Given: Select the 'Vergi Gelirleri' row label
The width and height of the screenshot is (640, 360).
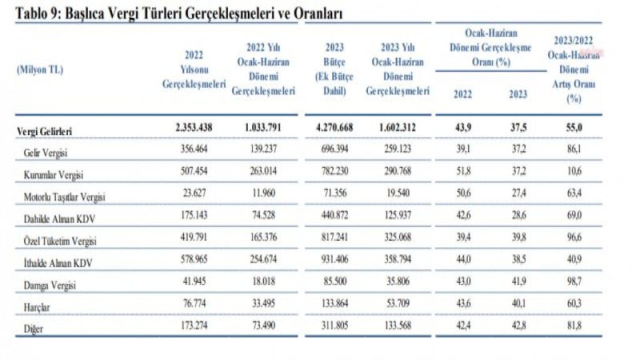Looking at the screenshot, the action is coord(44,131).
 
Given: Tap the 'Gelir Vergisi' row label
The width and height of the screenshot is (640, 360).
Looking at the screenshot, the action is coord(45,153).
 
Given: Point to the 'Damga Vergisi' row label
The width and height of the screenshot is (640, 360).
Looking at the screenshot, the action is coord(50,285).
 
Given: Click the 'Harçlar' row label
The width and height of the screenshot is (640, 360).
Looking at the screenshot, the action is coord(37,307).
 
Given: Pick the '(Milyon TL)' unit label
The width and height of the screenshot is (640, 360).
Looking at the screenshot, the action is coord(40,70).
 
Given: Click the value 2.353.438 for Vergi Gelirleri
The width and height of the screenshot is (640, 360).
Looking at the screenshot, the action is coord(194,127).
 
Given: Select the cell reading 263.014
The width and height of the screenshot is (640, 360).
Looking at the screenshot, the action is coord(263,171).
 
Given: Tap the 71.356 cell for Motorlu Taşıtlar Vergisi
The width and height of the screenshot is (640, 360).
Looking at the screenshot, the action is coord(335,193).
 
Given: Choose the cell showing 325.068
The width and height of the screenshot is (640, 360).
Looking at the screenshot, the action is coord(397,237).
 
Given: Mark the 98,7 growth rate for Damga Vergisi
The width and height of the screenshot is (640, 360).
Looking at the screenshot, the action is coord(574,281).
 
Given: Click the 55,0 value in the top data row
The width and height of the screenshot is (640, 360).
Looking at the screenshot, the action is coord(574,127).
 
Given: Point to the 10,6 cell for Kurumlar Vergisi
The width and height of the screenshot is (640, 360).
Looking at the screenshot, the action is coord(574,171).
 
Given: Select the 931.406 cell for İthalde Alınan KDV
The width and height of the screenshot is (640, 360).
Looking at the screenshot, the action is coord(335,259).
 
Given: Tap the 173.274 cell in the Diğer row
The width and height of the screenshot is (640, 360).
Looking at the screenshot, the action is coord(194,325).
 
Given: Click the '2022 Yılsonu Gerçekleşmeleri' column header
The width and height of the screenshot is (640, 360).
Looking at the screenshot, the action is coord(194,70).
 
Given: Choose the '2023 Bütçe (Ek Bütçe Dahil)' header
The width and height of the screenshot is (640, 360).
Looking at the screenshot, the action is coord(335,69).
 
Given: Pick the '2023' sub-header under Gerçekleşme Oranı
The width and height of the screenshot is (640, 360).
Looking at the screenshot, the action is coord(518,94).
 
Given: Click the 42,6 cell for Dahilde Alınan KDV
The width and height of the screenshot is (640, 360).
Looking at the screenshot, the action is coord(463,215).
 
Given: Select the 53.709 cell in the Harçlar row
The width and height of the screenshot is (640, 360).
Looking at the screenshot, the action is coord(397,303).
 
